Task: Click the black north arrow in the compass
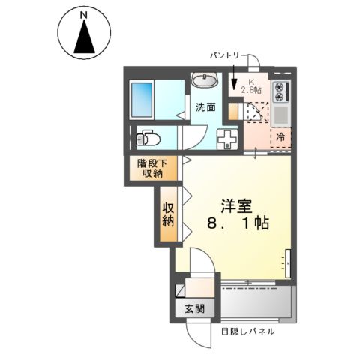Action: pyautogui.click(x=85, y=39)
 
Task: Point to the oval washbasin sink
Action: pyautogui.click(x=204, y=80)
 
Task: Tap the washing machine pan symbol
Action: pyautogui.click(x=226, y=138)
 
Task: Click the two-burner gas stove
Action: pyautogui.click(x=282, y=90)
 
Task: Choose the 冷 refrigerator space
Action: pyautogui.click(x=280, y=138)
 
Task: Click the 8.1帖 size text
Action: pyautogui.click(x=236, y=223)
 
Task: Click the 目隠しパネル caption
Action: pyautogui.click(x=247, y=331)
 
